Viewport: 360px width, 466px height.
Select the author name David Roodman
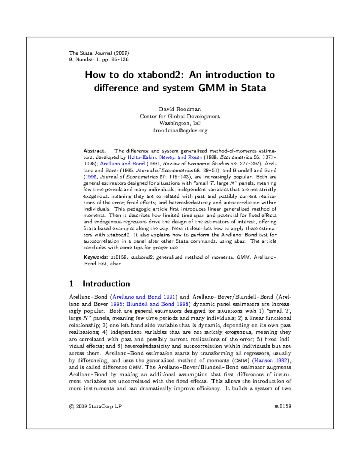tap(180, 109)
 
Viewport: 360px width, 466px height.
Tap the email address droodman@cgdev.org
tap(180, 131)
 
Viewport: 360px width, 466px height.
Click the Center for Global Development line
tap(180, 116)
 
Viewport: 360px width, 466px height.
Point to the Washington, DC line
tap(180, 123)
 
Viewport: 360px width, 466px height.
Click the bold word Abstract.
tap(94, 151)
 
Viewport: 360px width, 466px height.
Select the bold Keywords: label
tap(95, 257)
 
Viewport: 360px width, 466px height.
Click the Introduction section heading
tap(106, 284)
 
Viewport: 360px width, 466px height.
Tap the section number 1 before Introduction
tap(71, 284)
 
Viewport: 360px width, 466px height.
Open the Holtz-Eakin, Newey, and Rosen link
tap(165, 157)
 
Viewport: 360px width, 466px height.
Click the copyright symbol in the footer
tap(71, 407)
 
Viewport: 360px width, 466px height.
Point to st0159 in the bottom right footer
tap(283, 407)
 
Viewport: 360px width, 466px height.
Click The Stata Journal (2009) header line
tap(99, 53)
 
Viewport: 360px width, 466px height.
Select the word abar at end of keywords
tap(115, 264)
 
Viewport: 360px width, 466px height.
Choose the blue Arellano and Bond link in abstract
tap(122, 164)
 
